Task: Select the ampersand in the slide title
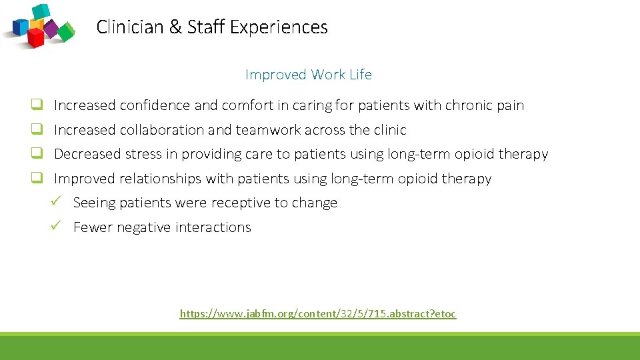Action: tap(175, 27)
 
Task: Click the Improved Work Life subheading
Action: tap(308, 75)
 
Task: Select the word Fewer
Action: tap(93, 227)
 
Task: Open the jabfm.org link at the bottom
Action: tap(318, 313)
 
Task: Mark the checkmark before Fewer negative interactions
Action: tap(56, 227)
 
